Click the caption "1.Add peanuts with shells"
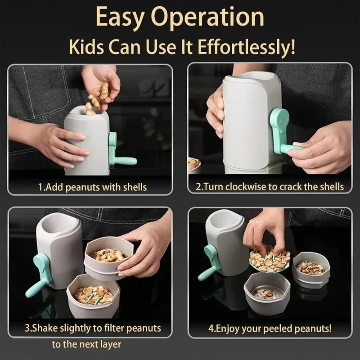click(x=92, y=186)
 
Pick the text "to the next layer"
click(x=86, y=345)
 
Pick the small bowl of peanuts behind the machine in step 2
click(x=194, y=164)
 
